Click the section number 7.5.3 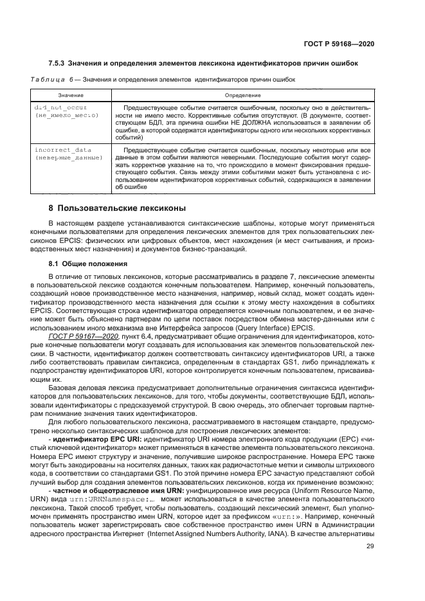60,62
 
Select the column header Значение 66,94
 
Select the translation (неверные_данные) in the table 68,157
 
